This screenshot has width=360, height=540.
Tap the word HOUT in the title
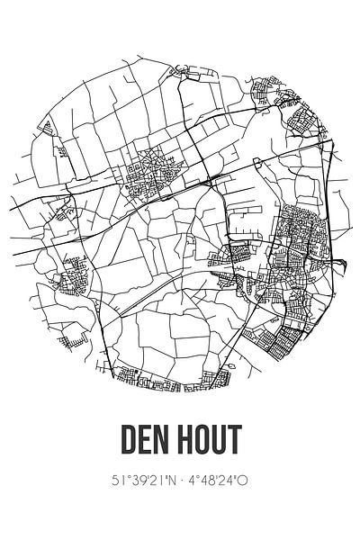[209, 441]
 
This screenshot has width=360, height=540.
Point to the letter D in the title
[127, 441]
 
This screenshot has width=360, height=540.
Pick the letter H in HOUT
[186, 441]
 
